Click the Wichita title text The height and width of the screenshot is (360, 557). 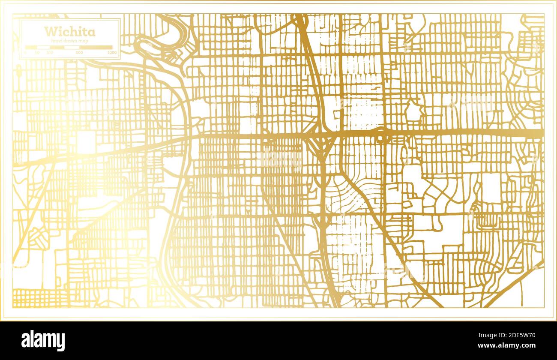pos(69,31)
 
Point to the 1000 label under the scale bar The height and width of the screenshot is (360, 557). pos(112,52)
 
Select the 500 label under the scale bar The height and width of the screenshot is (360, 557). pos(79,52)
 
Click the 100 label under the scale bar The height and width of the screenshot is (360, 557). pos(50,52)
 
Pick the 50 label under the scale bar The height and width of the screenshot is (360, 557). pos(37,52)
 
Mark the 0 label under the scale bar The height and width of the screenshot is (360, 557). pos(25,52)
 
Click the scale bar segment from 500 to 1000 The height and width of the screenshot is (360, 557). pos(96,47)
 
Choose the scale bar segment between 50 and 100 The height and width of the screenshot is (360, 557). pos(44,47)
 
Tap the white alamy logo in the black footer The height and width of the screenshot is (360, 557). pos(43,341)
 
